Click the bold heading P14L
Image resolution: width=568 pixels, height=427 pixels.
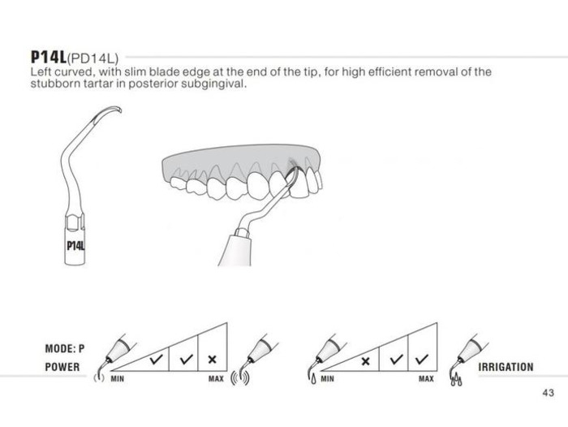[x=49, y=57]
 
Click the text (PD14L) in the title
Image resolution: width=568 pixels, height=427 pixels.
[x=93, y=58]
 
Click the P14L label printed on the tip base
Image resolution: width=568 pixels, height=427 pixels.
[x=75, y=246]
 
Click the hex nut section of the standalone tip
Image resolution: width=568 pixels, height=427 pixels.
[x=75, y=221]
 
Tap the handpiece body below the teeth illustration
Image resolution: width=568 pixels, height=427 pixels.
[x=235, y=250]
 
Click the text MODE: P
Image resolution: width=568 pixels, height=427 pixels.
[x=65, y=349]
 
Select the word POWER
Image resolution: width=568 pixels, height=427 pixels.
[x=62, y=367]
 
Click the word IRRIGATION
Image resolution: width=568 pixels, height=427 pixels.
[x=506, y=367]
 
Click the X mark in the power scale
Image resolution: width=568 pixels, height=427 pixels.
[x=213, y=360]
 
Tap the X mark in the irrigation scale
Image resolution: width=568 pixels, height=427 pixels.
[x=365, y=361]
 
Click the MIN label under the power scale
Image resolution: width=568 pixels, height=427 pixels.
[x=118, y=379]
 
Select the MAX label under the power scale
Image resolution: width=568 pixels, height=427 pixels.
[x=216, y=379]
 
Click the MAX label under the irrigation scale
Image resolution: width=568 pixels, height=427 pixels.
[x=426, y=379]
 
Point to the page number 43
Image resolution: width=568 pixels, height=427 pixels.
[x=549, y=393]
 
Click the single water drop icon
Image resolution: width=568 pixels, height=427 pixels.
[x=313, y=379]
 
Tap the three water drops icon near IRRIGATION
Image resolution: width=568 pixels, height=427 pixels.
[x=456, y=380]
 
